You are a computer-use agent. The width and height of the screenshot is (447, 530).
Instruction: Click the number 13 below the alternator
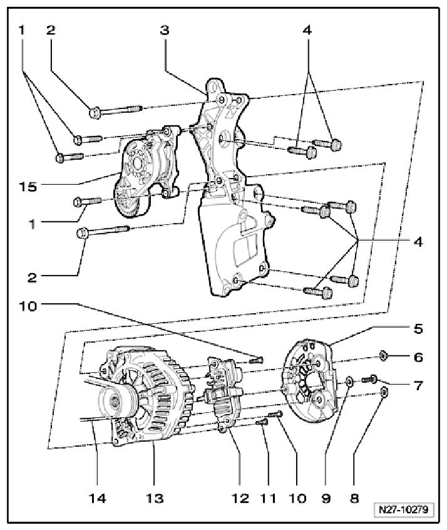click(155, 499)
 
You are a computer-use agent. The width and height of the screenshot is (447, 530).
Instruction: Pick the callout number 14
click(97, 499)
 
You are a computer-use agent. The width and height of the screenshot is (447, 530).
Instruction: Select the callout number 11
click(267, 499)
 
